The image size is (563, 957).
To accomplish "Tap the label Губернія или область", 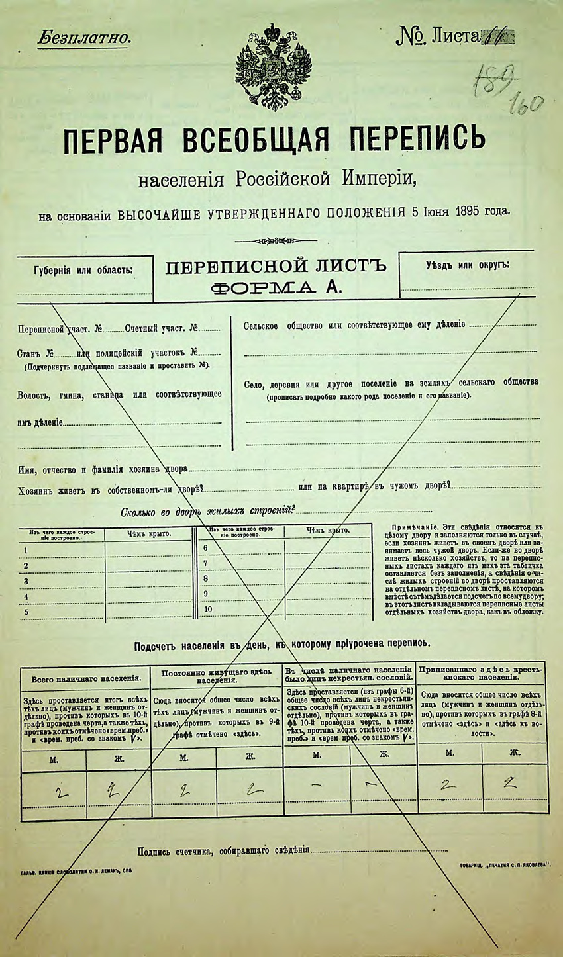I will coord(83,270).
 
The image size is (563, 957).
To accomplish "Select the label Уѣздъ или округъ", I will coord(468,265).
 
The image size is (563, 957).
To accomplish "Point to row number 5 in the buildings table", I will coord(26,612).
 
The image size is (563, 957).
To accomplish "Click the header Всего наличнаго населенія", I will coord(86,678).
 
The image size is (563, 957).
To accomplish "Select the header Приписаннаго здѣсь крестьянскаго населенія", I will coord(482,674).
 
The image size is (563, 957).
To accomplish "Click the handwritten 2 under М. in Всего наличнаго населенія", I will coord(59,792).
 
